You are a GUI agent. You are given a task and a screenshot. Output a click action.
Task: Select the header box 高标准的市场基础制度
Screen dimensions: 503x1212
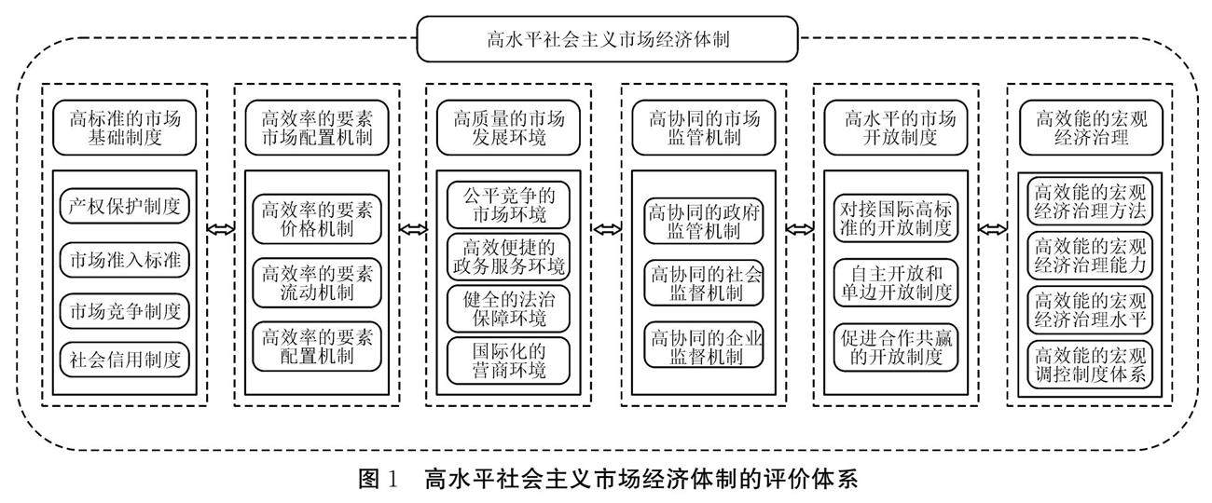pos(125,129)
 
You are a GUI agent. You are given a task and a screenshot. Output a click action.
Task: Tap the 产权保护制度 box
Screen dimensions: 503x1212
pos(125,207)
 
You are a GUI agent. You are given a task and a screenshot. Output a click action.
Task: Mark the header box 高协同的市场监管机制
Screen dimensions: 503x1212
pos(704,129)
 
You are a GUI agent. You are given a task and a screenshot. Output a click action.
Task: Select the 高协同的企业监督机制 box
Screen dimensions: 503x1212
pos(704,346)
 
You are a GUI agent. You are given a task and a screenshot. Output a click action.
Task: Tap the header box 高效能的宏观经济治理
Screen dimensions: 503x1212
pos(1089,129)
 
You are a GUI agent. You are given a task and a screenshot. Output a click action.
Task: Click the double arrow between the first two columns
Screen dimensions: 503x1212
pos(221,228)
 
